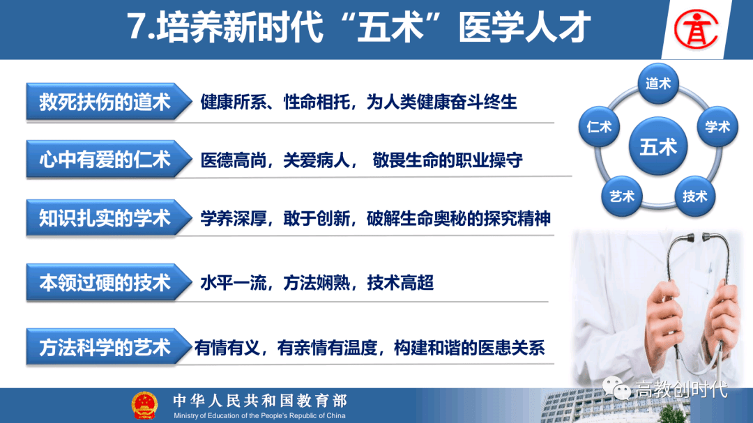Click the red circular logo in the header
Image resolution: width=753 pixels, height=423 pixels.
696,29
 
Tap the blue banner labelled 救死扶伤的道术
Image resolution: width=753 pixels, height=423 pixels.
109,102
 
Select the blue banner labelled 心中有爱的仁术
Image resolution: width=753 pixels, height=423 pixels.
109,160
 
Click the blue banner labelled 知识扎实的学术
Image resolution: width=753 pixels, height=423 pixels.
109,218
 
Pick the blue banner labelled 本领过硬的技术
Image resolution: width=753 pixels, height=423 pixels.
109,282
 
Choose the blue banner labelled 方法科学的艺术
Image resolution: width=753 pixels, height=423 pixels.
109,347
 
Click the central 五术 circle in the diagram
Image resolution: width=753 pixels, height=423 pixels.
658,146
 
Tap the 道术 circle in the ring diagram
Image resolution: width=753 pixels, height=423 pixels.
658,84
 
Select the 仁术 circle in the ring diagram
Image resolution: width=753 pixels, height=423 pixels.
599,127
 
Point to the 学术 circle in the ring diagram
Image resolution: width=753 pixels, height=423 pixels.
717,127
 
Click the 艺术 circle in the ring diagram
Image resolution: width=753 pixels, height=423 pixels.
622,196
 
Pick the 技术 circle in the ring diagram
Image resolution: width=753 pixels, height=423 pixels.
695,196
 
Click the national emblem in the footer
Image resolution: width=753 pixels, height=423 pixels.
144,406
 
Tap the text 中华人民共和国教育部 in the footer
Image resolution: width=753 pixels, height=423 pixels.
260,401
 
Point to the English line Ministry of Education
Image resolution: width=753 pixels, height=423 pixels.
259,415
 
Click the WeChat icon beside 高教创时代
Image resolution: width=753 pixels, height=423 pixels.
616,388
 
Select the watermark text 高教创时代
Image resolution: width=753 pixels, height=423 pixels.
682,389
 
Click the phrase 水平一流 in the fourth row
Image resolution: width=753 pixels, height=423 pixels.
234,283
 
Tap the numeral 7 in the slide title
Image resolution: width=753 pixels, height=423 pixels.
137,27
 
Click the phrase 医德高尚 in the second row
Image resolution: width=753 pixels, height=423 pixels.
234,160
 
